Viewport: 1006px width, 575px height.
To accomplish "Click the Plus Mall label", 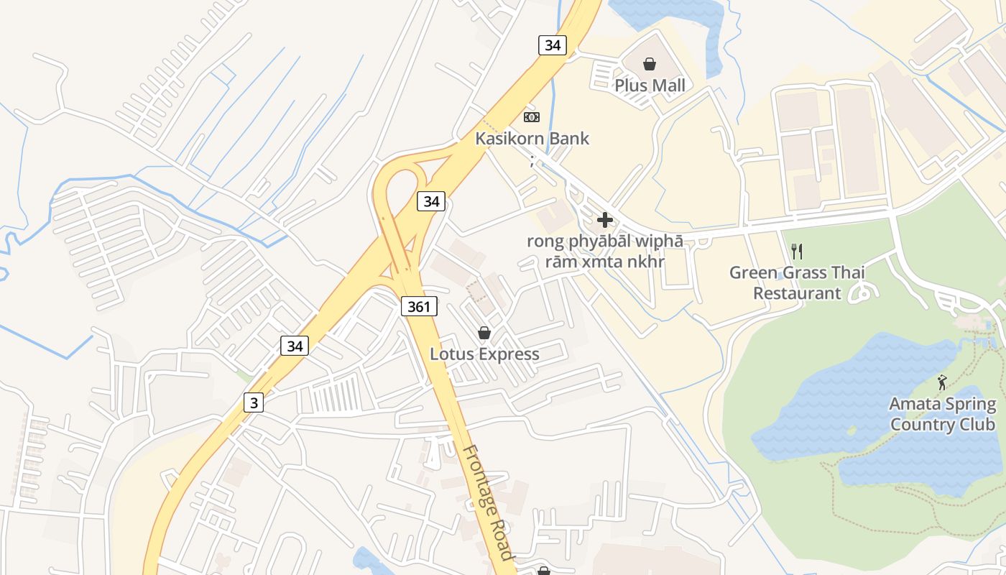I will click(x=650, y=86).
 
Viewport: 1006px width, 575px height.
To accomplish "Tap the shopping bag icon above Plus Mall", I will click(x=650, y=65).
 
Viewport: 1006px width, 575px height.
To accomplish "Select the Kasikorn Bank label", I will click(x=532, y=139).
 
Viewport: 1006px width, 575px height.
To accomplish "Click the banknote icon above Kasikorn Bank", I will click(x=532, y=116).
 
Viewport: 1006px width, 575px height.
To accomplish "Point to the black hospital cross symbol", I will click(x=605, y=220).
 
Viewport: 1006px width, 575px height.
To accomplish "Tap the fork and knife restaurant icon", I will click(x=796, y=251).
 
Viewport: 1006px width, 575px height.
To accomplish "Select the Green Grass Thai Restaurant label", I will click(x=797, y=282).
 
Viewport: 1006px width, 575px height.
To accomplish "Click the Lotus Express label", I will click(x=484, y=354).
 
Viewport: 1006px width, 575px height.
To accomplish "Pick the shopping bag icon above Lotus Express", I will click(x=484, y=333).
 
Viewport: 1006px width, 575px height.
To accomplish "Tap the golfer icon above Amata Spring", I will click(x=943, y=382).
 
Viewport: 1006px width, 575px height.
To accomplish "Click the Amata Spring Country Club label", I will click(x=943, y=414).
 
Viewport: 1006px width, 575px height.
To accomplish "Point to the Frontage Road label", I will click(x=488, y=502).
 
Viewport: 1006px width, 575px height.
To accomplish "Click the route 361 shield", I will click(x=418, y=307).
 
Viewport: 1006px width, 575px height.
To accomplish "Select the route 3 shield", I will click(x=253, y=402).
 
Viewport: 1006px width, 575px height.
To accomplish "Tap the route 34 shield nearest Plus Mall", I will click(x=552, y=45).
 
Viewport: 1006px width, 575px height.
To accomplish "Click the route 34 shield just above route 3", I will click(x=295, y=346).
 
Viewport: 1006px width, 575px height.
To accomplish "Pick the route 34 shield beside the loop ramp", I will click(x=431, y=201).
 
